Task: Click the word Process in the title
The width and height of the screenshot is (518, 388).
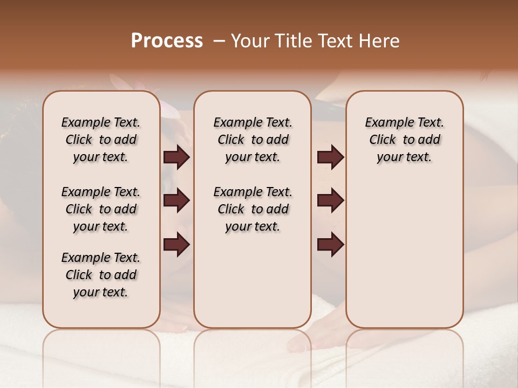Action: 167,41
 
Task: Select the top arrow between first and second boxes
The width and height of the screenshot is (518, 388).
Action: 176,157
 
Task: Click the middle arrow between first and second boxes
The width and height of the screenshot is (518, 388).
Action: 176,200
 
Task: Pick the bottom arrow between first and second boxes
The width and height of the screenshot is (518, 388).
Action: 176,244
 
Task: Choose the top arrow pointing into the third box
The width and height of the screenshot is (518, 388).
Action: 330,157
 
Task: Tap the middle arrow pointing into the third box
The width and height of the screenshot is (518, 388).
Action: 330,200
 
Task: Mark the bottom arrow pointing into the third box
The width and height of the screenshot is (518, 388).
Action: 330,244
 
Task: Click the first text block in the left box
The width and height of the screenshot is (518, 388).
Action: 101,140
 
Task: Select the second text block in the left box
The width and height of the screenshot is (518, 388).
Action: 101,209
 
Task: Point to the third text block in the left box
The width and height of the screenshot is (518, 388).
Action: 101,275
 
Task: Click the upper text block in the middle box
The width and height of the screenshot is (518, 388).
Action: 253,140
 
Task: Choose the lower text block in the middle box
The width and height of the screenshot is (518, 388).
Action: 253,209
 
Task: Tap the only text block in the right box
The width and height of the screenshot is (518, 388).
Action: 404,140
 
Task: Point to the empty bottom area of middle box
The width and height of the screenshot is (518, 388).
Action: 253,286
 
